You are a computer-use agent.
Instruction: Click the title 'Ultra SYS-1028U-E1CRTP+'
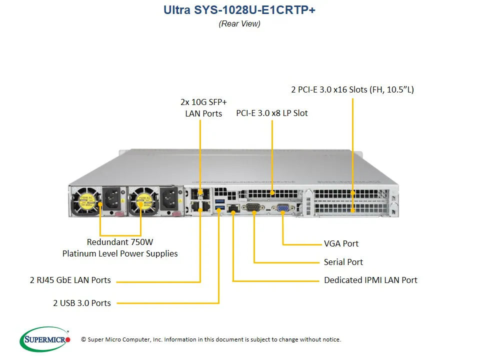239,10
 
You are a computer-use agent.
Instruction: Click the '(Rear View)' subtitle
239,23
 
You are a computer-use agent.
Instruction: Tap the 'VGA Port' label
341,244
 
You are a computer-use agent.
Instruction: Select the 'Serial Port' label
343,262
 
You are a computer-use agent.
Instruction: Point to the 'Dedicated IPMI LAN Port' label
370,280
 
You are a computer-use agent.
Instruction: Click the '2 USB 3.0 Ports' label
82,302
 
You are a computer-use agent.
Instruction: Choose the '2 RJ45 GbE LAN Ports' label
70,280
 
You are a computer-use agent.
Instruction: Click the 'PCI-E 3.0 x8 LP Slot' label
272,113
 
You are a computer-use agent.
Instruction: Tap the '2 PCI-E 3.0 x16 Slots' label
352,90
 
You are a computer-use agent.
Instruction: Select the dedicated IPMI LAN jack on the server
233,208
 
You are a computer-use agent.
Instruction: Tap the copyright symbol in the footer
83,340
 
